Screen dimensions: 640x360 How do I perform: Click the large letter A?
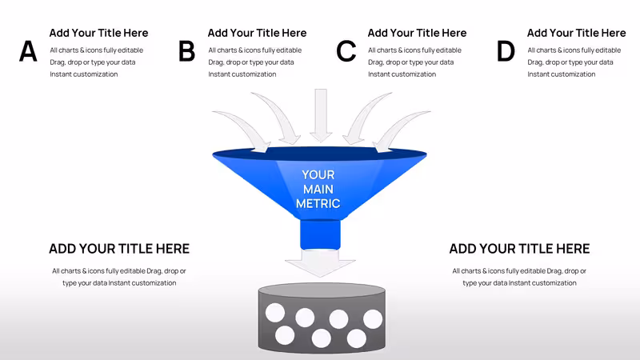[x=28, y=51]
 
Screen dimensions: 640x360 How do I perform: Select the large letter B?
[x=186, y=51]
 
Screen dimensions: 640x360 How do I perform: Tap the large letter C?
[x=346, y=51]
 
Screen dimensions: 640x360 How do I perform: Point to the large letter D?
[x=506, y=51]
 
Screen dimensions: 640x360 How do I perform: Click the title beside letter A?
[x=98, y=33]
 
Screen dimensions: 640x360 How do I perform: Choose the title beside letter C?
[x=417, y=33]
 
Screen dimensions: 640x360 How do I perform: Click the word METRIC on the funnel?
[x=318, y=203]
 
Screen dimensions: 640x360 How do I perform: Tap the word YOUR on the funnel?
[x=318, y=174]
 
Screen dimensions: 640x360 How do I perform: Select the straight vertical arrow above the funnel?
[x=321, y=115]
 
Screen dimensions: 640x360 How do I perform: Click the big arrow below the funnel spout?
[x=321, y=263]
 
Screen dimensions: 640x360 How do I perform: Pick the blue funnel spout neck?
[x=321, y=234]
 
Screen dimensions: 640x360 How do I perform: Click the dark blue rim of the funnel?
[x=319, y=154]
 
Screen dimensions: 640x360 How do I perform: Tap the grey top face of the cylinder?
[x=322, y=290]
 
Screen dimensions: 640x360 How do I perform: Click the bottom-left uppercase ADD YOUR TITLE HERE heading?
[x=119, y=249]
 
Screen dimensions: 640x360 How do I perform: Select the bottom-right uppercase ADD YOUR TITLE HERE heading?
[x=519, y=249]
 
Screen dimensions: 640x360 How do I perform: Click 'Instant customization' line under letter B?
[x=242, y=74]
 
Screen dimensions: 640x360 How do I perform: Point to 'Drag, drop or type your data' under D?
[x=570, y=62]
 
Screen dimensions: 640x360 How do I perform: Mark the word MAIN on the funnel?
[x=318, y=189]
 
